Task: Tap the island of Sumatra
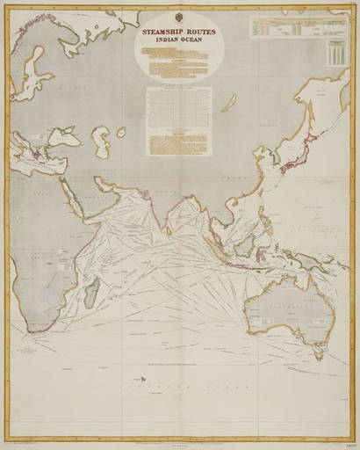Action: coord(212,236)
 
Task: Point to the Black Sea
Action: coord(65,136)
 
